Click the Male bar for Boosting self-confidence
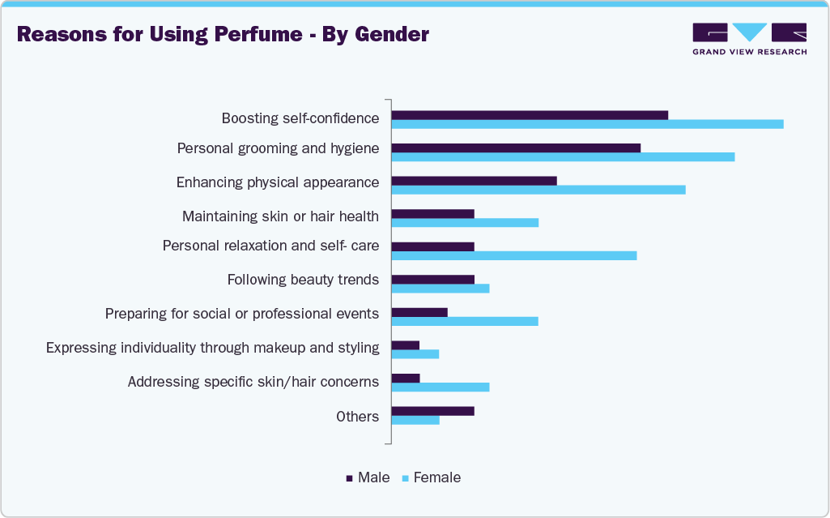(530, 115)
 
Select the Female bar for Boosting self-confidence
(587, 124)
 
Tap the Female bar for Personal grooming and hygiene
(563, 156)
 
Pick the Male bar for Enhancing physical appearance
(474, 181)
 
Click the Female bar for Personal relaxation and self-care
(513, 255)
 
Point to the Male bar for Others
(432, 411)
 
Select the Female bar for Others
(415, 420)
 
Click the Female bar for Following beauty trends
(441, 289)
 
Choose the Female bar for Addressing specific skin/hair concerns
(441, 387)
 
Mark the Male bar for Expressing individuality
(406, 345)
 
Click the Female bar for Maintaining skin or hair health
(465, 222)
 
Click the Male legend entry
(368, 477)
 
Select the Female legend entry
(432, 477)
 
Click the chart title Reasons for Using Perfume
(223, 35)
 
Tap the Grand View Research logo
(749, 38)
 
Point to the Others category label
(357, 416)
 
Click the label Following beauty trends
(303, 280)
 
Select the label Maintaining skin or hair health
(280, 216)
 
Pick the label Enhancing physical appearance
(278, 182)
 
